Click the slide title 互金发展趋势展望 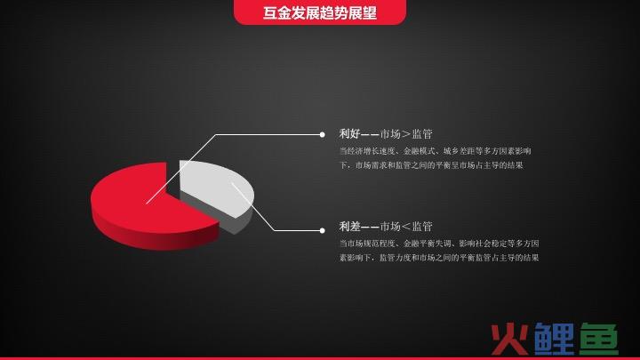[320, 12]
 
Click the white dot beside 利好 [322, 134]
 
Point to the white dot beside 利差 [322, 230]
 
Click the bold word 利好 [349, 134]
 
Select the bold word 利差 [349, 227]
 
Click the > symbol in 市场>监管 [405, 134]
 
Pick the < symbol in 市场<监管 [405, 227]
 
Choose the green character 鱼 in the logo [598, 339]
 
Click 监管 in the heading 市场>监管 [422, 134]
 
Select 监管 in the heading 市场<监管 [422, 227]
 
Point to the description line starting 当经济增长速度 [435, 151]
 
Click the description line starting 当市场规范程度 [439, 244]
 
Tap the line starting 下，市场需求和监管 [431, 165]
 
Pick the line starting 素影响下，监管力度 [439, 258]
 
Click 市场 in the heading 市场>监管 [390, 134]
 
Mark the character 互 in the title [270, 12]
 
